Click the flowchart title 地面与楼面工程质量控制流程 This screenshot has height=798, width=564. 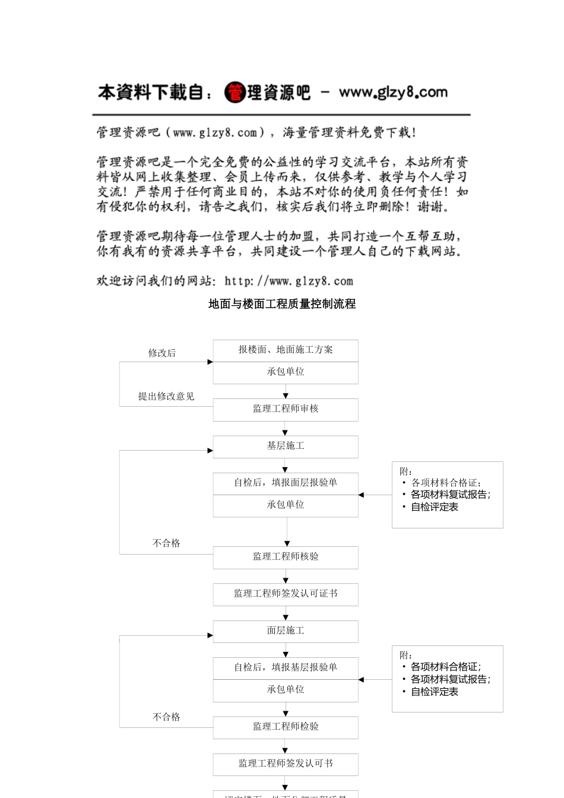282,304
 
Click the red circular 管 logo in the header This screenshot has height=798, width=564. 235,93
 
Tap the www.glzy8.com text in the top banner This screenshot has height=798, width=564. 393,93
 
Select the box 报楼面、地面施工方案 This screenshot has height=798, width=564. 286,350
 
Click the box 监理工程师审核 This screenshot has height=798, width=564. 286,409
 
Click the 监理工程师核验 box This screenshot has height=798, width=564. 286,557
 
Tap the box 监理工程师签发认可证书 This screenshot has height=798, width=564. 286,594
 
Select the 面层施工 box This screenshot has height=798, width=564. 286,631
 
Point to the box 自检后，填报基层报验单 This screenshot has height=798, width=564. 286,668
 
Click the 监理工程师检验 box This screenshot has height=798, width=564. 286,727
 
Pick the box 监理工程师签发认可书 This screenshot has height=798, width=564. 286,764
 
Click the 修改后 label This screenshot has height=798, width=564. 162,353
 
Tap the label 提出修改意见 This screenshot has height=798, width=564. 166,397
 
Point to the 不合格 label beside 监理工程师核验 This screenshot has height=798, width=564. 166,543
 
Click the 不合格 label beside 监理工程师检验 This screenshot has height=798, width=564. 166,717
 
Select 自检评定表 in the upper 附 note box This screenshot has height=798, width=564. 435,507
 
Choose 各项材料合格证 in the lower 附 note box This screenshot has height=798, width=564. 445,667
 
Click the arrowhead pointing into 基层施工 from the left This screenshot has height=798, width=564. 210,451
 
